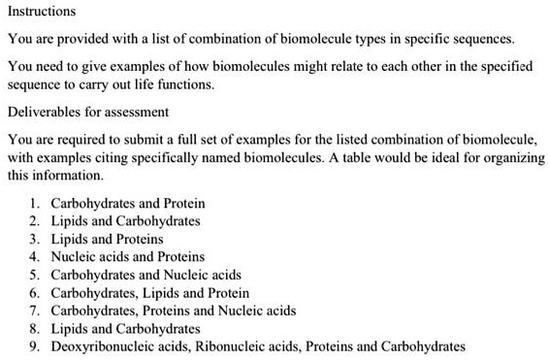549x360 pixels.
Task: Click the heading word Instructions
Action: click(x=41, y=12)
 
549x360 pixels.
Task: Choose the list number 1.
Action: click(x=35, y=204)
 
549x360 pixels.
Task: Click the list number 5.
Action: click(x=35, y=275)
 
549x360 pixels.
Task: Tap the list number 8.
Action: click(x=35, y=328)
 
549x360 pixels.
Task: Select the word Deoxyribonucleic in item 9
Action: click(x=100, y=345)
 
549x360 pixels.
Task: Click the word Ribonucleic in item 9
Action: click(x=222, y=345)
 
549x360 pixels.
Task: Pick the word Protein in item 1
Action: click(x=184, y=204)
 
